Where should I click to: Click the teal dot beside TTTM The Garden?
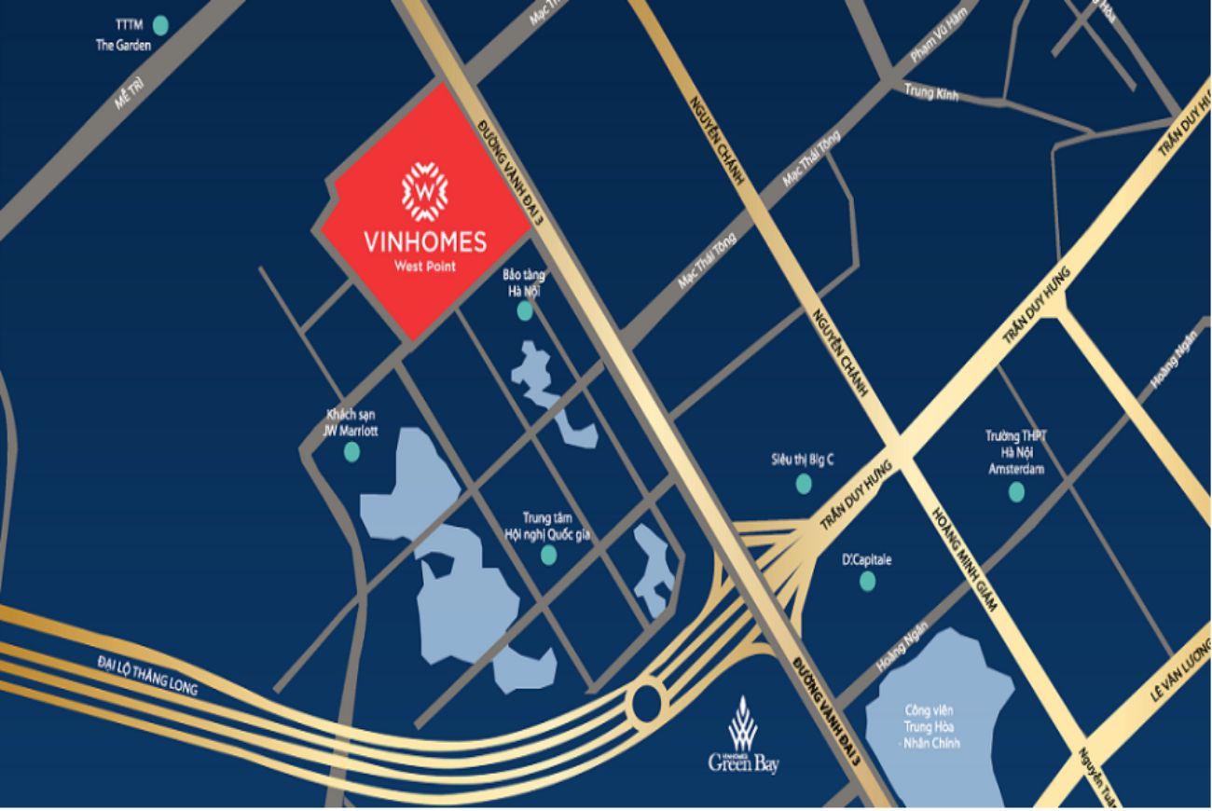[160, 25]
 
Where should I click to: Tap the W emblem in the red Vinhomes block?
[424, 191]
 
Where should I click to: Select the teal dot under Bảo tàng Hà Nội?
[525, 311]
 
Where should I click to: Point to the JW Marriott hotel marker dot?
[351, 452]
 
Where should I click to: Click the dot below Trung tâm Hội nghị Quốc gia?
[548, 555]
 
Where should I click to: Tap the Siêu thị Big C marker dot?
[803, 483]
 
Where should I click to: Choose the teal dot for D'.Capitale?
[867, 582]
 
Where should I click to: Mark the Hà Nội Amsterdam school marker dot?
[1016, 491]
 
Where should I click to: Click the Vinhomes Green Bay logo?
[743, 735]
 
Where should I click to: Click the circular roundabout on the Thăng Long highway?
[646, 702]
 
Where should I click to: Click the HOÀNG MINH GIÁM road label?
[964, 558]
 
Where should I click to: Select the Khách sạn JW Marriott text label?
[351, 422]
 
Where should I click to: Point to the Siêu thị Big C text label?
[802, 459]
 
